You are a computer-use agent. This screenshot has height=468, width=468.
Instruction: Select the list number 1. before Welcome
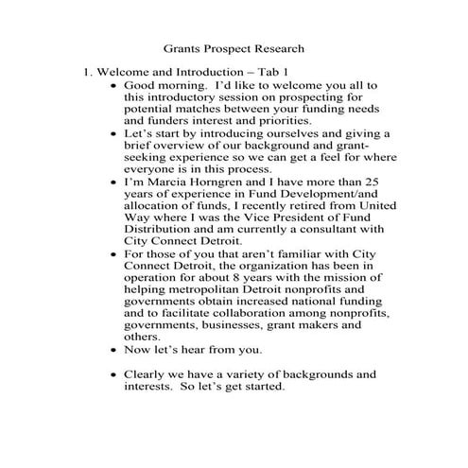click(86, 72)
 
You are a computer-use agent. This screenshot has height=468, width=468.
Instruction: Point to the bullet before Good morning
click(114, 85)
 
